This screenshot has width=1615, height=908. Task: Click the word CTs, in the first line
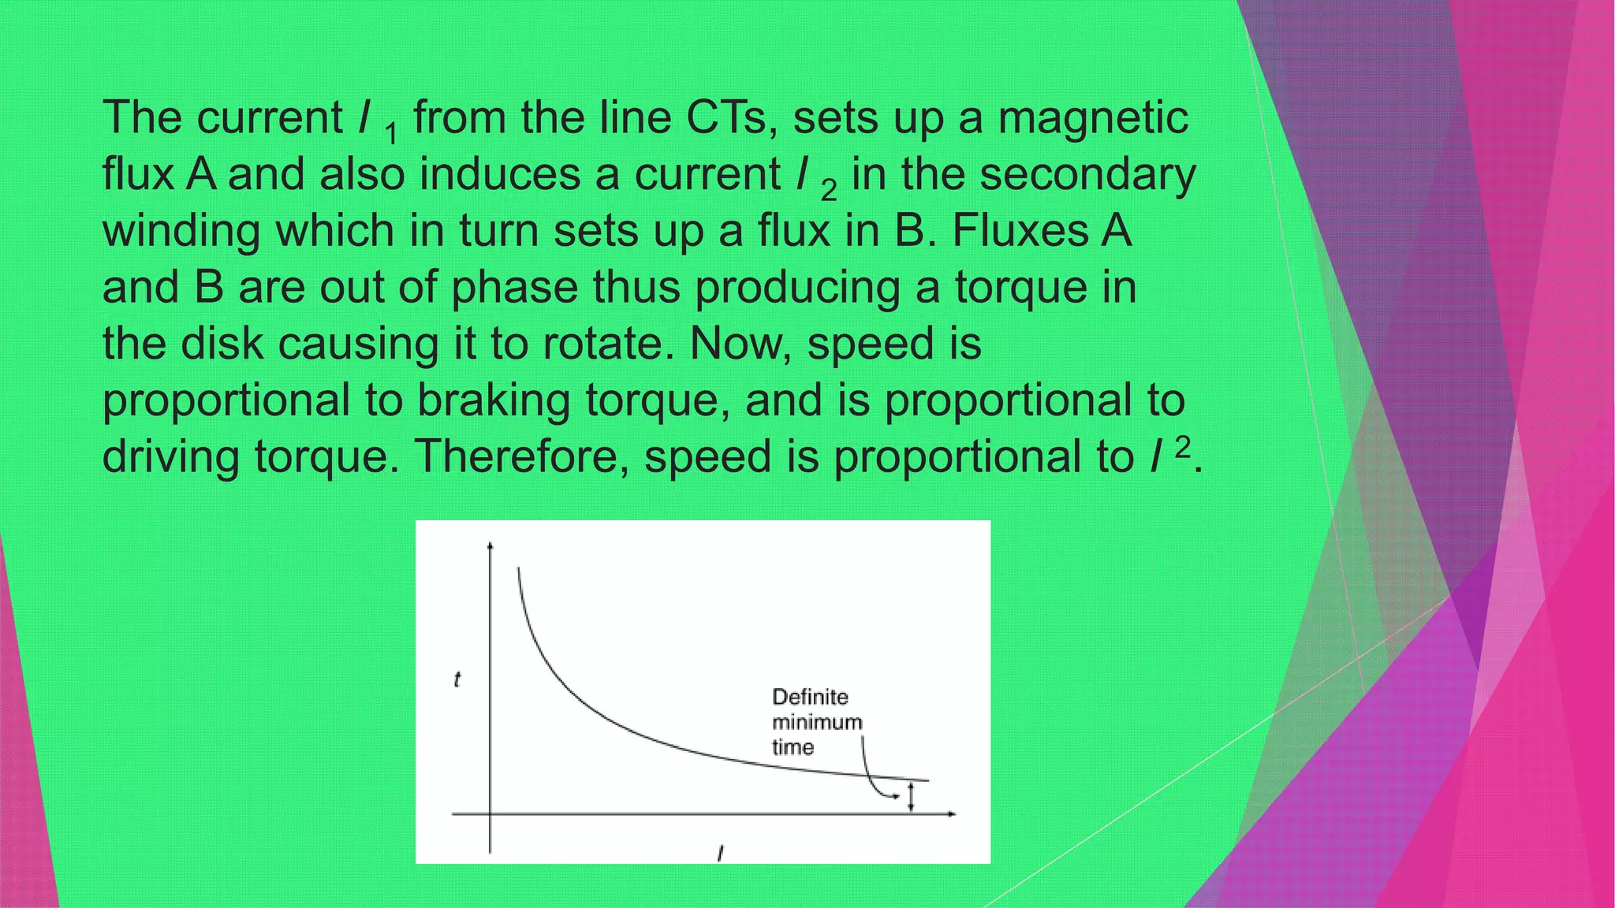[x=732, y=118]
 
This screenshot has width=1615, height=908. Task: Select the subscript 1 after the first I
[x=391, y=134]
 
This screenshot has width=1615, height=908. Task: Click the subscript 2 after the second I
[x=828, y=191]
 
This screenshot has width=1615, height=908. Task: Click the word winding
[x=181, y=232]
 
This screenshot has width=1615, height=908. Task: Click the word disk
[x=222, y=344]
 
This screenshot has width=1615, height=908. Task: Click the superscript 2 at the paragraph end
[x=1182, y=447]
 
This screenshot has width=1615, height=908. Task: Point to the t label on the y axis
[x=457, y=679]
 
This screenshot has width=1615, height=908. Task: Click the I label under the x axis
[x=720, y=853]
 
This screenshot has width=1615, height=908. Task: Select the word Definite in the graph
[x=810, y=697]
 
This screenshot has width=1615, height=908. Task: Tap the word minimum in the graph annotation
[x=817, y=722]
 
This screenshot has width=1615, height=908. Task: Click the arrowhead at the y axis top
[x=490, y=545]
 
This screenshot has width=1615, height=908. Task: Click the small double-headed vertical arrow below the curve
[x=912, y=797]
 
